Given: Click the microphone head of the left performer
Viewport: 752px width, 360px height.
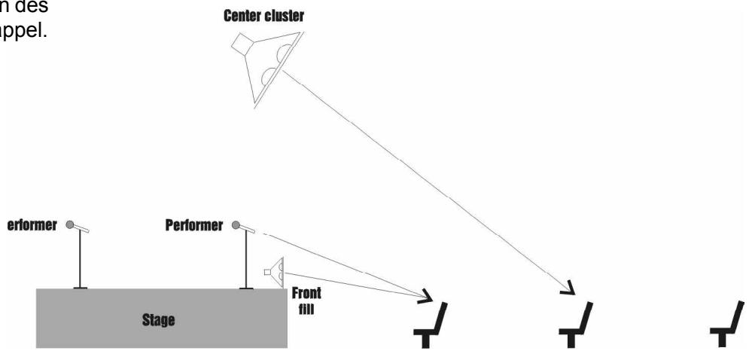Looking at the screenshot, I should click(x=71, y=224).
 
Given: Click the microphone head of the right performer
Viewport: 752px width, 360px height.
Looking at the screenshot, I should click(x=236, y=224).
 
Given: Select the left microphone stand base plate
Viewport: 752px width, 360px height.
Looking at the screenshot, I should click(x=81, y=287).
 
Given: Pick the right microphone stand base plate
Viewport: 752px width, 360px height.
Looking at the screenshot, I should click(x=245, y=287).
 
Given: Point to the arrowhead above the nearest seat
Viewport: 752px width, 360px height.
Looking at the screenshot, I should click(x=427, y=294).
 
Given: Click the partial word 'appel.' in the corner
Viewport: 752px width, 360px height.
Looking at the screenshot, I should click(x=24, y=34).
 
